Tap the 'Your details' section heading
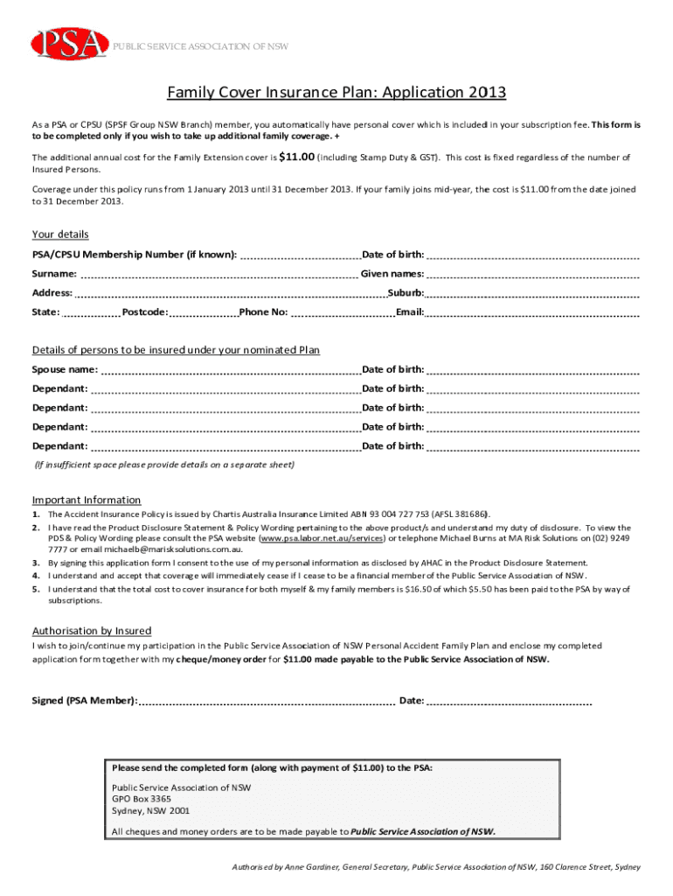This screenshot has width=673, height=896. point(60,234)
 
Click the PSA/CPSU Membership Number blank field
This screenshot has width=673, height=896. point(300,256)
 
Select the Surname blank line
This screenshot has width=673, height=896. point(205,275)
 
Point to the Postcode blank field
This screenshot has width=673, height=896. point(204,313)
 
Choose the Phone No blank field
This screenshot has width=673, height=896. point(343,313)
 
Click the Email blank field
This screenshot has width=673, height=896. point(533,313)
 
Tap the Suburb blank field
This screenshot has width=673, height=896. point(533,294)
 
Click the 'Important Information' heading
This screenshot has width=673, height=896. point(87,500)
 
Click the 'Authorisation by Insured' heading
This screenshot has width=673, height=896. point(92,631)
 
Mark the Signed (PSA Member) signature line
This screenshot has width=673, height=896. point(267,702)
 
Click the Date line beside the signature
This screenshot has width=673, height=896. point(510,702)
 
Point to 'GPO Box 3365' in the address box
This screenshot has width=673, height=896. point(142,799)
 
